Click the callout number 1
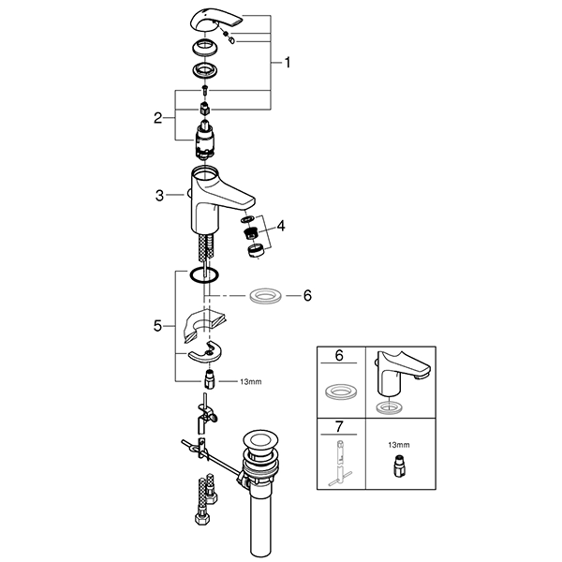coord(288,63)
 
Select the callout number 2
coord(158,119)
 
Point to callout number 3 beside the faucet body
coord(161,195)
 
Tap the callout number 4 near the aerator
coord(279,225)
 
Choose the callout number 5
coord(158,326)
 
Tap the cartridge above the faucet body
coord(204,140)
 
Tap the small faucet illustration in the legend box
coord(399,375)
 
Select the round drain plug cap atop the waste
coord(259,438)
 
